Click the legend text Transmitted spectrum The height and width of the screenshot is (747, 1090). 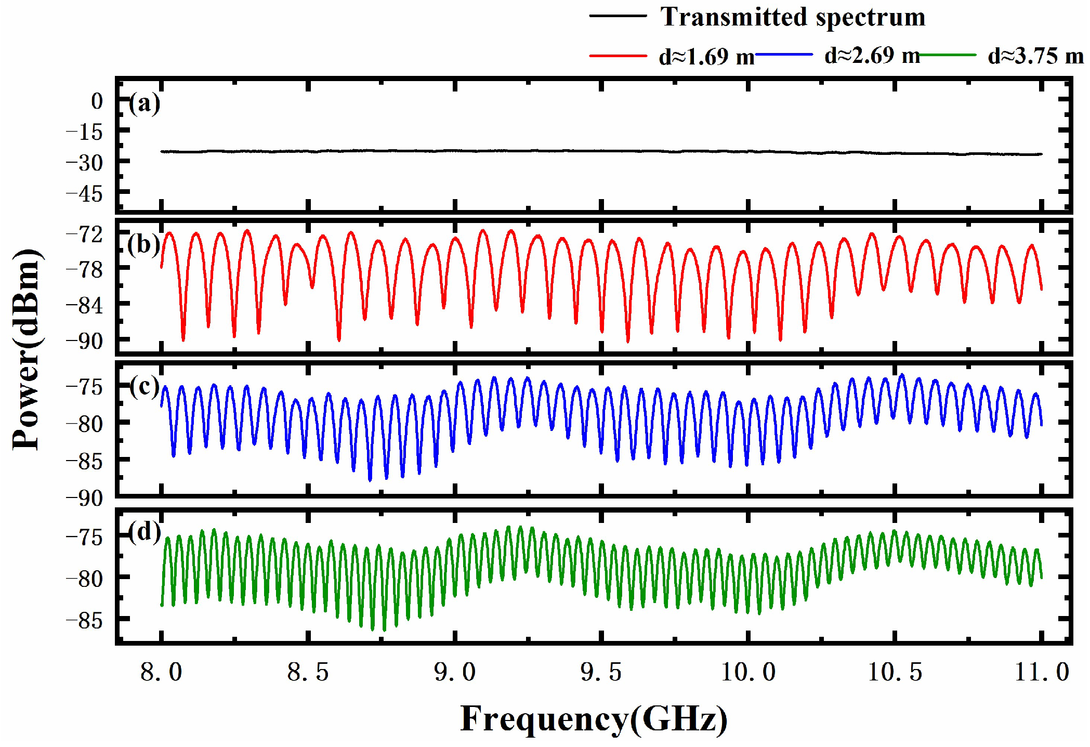pos(793,17)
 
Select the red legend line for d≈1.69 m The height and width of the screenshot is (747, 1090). pos(618,55)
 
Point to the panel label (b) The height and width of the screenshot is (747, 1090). pos(143,244)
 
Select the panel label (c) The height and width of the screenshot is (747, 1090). pos(145,386)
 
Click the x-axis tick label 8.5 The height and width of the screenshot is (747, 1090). pos(308,672)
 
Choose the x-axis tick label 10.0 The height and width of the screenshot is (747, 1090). pos(748,672)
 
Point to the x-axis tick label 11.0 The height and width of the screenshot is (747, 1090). pos(1042,672)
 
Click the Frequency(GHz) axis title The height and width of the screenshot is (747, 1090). pos(594,719)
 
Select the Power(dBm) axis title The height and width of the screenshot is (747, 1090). pos(27,349)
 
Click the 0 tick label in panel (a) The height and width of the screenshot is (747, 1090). pos(97,101)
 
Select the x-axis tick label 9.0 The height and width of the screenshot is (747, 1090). pos(455,672)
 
